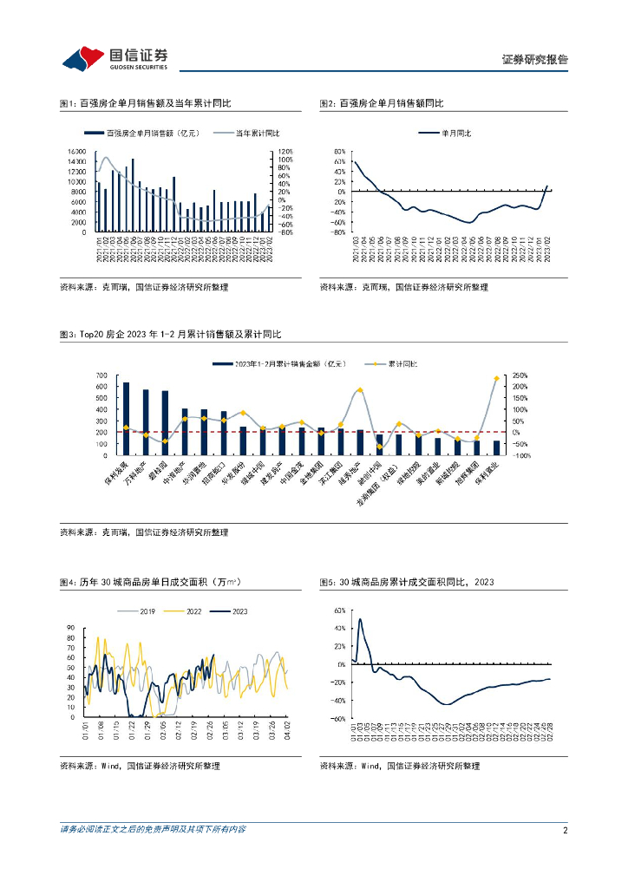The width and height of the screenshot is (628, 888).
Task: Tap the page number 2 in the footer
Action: tap(565, 830)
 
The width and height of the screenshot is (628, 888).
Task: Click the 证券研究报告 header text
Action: tap(535, 60)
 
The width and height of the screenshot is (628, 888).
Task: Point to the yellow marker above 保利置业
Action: tap(496, 379)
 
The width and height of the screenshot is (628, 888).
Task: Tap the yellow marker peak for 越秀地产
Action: tap(359, 390)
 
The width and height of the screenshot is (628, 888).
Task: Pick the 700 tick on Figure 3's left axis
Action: tap(101, 375)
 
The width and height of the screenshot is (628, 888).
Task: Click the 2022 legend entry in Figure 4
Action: tap(196, 611)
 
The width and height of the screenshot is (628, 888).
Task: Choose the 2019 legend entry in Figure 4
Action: tap(147, 611)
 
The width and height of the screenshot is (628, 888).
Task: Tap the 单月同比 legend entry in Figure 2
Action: tap(444, 134)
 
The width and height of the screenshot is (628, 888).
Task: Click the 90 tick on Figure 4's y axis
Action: tap(72, 627)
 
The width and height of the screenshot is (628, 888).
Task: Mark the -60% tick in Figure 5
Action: tap(339, 719)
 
